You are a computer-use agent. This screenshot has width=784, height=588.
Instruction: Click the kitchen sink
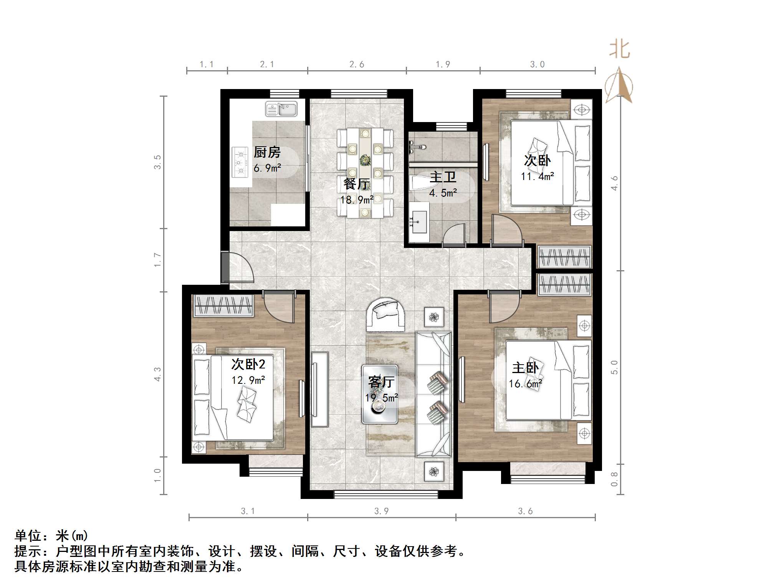281,109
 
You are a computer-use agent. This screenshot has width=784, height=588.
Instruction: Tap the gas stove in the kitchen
240,163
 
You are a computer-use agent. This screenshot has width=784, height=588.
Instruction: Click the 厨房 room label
267,152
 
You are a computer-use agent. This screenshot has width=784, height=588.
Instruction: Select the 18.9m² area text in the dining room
357,200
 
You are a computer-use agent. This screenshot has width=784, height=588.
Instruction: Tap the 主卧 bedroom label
525,368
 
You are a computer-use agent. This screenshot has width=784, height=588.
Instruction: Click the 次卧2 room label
248,364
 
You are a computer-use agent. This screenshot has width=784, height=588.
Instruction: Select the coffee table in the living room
379,394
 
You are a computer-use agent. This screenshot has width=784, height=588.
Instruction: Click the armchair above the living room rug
385,315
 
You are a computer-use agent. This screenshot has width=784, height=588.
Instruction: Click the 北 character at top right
619,50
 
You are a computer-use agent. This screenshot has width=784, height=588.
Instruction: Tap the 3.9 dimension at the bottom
381,511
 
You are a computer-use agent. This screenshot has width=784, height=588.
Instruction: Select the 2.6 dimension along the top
357,64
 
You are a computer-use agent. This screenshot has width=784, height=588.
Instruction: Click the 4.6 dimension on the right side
615,183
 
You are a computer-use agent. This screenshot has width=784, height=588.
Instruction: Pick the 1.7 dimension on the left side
157,260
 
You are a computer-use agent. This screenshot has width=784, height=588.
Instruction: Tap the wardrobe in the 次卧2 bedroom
223,306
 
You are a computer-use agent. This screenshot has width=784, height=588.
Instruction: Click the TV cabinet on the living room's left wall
319,389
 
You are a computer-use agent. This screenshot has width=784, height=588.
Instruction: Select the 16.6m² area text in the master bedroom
525,383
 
